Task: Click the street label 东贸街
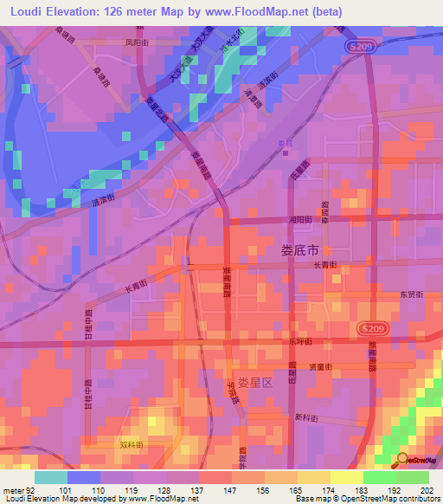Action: coord(409,294)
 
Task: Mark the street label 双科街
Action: coord(131,444)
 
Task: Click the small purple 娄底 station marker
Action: coord(286,152)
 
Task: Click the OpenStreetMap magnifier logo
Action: coord(402,460)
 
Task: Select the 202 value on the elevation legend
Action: coord(424,489)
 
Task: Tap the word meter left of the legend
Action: coord(11,489)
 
